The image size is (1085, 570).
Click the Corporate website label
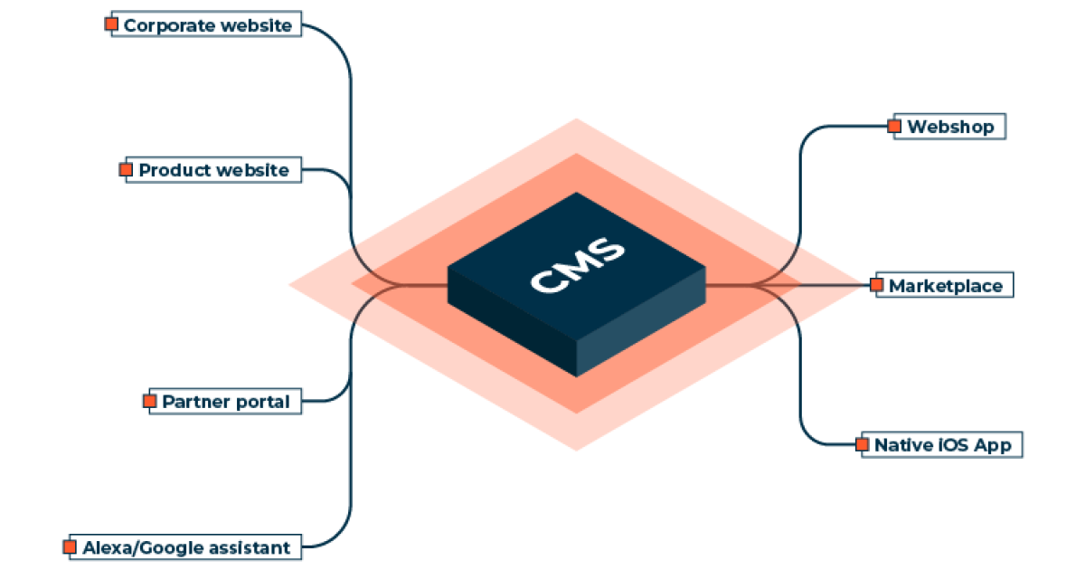click(x=208, y=25)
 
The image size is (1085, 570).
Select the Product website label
click(x=214, y=170)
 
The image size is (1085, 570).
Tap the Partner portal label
click(x=226, y=402)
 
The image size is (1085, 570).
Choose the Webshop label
click(x=950, y=127)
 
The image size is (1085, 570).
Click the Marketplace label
click(x=945, y=286)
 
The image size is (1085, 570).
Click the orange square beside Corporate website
click(x=111, y=24)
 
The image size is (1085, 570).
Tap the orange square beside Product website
click(x=126, y=169)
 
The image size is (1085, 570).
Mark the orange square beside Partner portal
click(x=150, y=401)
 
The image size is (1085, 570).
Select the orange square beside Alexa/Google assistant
click(x=70, y=546)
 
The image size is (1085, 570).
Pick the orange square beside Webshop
click(x=895, y=126)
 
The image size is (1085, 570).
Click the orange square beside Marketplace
click(x=877, y=285)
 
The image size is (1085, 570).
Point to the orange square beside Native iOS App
click(x=862, y=444)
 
